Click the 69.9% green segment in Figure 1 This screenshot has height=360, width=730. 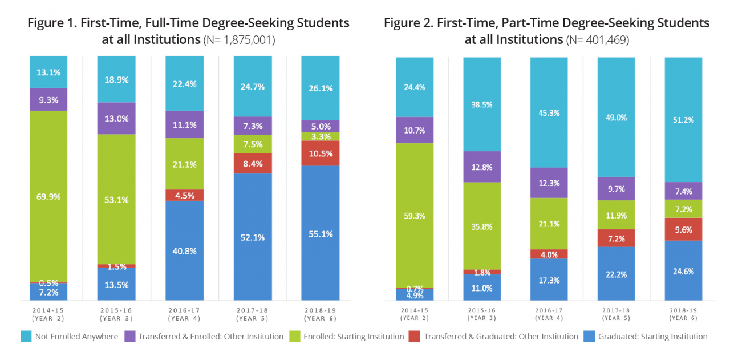(x=48, y=196)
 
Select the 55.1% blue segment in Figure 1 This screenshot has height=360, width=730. (x=321, y=233)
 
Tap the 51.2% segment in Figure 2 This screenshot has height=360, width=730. (x=683, y=119)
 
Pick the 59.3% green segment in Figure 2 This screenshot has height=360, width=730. (x=415, y=215)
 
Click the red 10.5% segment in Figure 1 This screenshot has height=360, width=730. (x=321, y=153)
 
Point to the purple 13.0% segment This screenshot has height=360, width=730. (x=116, y=119)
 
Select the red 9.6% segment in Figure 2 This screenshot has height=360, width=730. (x=683, y=228)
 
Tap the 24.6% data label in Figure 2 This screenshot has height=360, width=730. (x=683, y=272)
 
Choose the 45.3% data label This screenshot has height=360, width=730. (x=549, y=113)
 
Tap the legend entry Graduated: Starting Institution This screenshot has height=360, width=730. (x=652, y=337)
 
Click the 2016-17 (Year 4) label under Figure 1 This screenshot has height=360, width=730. (x=184, y=313)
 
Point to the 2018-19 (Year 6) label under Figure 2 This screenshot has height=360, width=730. (x=683, y=314)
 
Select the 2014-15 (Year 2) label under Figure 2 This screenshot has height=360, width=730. (x=415, y=314)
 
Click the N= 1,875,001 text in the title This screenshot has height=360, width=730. (x=239, y=41)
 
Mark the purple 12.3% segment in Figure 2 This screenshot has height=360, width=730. (x=549, y=183)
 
